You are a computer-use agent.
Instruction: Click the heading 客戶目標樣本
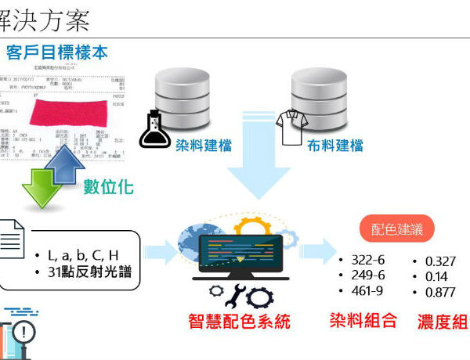56,52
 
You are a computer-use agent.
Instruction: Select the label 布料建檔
335,145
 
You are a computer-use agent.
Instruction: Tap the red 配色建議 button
396,230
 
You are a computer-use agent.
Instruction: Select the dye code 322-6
367,260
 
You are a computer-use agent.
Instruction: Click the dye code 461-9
367,291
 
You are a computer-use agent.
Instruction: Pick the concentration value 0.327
439,261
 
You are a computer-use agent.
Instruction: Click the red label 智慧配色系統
238,321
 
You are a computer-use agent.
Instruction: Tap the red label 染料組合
363,320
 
